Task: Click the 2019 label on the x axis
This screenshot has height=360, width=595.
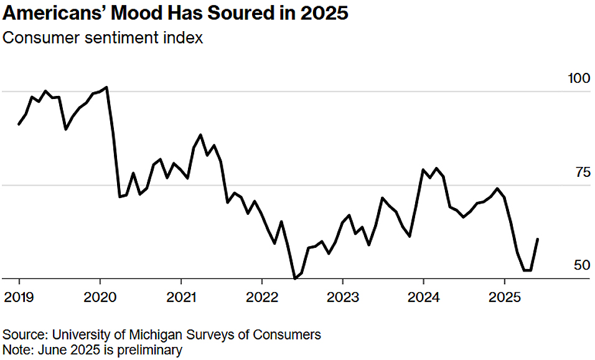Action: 19,297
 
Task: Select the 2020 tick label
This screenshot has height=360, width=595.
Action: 100,297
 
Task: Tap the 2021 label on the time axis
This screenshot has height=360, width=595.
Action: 181,297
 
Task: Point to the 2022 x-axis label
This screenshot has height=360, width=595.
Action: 262,297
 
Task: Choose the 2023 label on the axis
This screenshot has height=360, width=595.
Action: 343,297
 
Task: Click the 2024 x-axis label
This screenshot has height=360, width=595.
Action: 423,297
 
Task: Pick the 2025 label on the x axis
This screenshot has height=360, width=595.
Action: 504,297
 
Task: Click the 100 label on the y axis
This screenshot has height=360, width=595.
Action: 579,78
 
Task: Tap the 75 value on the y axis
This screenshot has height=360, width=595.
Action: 583,173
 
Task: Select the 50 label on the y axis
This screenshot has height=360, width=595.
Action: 582,265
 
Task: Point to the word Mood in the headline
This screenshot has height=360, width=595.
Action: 138,13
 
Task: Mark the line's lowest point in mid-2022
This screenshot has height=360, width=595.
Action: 295,278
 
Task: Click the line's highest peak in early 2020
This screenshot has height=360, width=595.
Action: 106,87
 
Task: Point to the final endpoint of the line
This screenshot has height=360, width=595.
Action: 538,239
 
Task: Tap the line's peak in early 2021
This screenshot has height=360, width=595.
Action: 200,135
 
